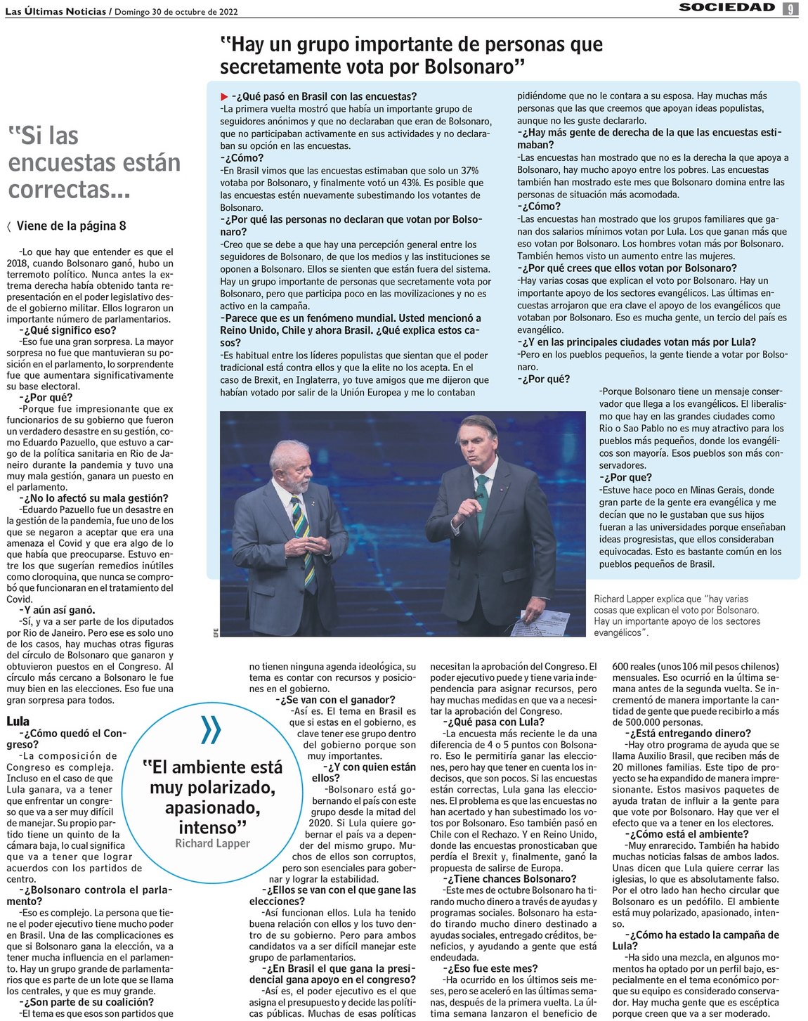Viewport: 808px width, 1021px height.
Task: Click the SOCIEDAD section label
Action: pyautogui.click(x=726, y=8)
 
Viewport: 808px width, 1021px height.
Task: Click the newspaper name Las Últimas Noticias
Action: pyautogui.click(x=56, y=11)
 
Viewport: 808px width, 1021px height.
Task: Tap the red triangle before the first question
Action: pyautogui.click(x=224, y=96)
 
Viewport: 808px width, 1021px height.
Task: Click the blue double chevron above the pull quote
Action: pyautogui.click(x=210, y=730)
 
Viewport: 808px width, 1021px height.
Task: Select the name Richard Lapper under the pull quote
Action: pyautogui.click(x=212, y=843)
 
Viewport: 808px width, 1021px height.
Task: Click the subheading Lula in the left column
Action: pyautogui.click(x=18, y=722)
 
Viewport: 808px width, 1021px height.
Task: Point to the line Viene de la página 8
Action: pyautogui.click(x=70, y=226)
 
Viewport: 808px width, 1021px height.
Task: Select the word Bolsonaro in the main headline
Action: pyautogui.click(x=470, y=67)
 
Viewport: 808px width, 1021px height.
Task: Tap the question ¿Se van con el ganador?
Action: pyautogui.click(x=337, y=700)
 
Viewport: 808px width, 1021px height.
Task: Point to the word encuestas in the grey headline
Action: pyautogui.click(x=94, y=162)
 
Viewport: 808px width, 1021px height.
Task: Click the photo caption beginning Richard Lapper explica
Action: pyautogui.click(x=676, y=616)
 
